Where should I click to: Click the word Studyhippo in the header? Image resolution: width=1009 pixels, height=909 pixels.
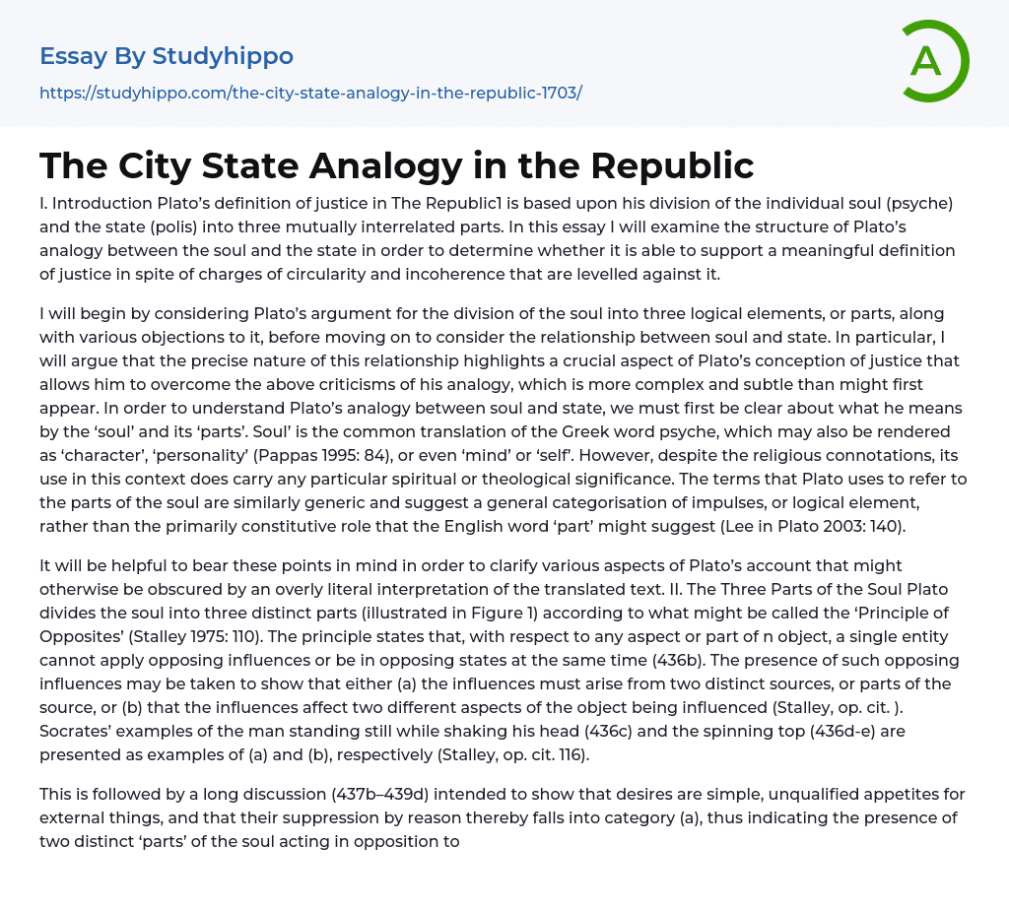tap(223, 56)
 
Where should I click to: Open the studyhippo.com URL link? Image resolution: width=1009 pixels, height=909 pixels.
tap(310, 93)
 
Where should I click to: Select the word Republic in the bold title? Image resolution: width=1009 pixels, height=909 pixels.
tap(670, 165)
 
